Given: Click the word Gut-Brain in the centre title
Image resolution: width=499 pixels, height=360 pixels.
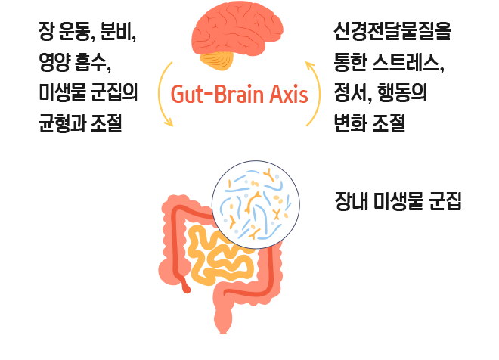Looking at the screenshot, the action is point(218,95).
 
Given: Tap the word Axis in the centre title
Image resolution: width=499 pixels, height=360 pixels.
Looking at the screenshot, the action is point(289,95).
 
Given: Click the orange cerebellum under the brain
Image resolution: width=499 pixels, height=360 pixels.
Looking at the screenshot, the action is point(217,61).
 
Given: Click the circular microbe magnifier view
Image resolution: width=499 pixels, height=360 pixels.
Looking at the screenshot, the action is point(256,204).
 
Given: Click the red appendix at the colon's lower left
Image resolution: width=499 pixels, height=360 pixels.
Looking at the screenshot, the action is point(185,286).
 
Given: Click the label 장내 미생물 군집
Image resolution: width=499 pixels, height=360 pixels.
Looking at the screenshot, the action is point(398,201).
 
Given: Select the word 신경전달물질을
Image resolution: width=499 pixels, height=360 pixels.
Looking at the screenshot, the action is point(392,31).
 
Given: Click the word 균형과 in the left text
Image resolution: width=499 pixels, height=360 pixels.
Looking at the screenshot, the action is point(62,123).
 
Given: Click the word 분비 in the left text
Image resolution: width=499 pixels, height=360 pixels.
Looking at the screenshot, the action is point(116,31).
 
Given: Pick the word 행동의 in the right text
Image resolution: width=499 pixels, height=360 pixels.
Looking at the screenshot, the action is point(402,92).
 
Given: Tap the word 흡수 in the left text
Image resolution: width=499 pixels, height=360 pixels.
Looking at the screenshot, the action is point(91,62).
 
